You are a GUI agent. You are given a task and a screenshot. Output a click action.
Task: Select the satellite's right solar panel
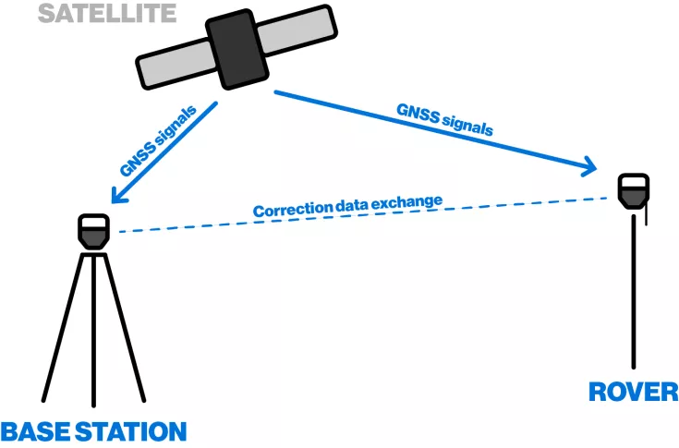[299, 31]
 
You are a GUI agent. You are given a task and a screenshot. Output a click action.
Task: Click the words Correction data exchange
[348, 205]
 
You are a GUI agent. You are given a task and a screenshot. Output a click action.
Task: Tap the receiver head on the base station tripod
[94, 232]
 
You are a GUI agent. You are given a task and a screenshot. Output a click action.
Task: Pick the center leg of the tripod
[93, 333]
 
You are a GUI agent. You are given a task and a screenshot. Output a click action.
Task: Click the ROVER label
[634, 392]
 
